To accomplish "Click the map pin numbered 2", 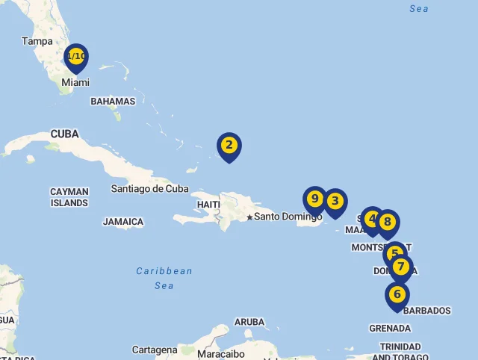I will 229,146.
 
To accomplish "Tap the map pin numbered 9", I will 314,199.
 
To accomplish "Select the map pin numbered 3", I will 335,201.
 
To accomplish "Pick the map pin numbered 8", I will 387,222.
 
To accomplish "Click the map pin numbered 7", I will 401,267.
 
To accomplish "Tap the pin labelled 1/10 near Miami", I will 76,57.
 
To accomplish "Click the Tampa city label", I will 37,41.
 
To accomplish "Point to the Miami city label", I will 75,83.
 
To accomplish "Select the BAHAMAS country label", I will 113,101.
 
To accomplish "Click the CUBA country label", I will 65,134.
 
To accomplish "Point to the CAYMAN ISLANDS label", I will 69,197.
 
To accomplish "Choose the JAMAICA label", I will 123,222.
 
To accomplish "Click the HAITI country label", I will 208,204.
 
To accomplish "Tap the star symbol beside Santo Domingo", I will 249,217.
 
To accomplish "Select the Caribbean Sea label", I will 164,278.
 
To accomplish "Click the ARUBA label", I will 249,322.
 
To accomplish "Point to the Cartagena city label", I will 155,350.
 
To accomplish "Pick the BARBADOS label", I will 427,311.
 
